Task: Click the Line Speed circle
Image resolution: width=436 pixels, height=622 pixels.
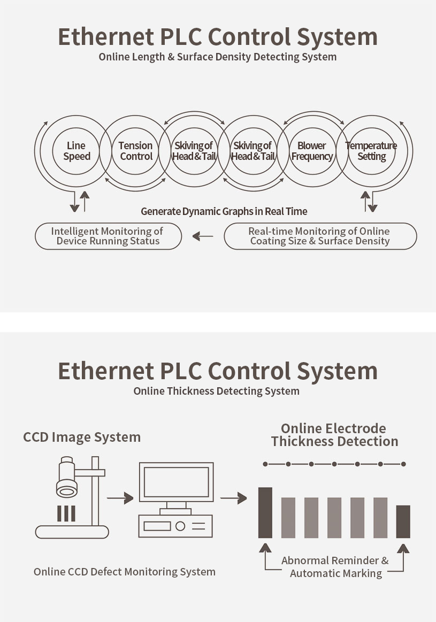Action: pos(77,151)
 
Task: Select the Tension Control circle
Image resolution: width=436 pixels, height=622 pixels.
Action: pos(136,151)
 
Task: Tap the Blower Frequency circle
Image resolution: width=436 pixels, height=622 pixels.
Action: pos(312,151)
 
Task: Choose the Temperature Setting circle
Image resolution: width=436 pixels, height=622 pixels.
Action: pos(371,151)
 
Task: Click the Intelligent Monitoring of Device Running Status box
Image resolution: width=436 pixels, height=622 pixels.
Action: pos(108,236)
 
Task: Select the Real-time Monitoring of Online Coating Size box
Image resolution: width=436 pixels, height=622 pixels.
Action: pos(320,236)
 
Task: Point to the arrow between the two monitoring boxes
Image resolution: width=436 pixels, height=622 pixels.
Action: pos(203,236)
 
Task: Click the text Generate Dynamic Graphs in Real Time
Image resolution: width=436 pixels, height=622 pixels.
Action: pos(224,211)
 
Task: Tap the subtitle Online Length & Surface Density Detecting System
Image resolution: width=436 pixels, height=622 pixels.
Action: pos(218,57)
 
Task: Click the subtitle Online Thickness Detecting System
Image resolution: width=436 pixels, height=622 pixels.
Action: pos(216,391)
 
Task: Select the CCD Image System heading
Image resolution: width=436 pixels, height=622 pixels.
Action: pos(82,437)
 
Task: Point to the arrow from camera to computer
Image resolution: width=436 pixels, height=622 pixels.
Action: pos(120,498)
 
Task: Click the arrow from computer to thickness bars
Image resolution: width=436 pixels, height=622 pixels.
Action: pos(234,498)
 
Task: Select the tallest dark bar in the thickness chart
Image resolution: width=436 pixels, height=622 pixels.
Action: pos(265,512)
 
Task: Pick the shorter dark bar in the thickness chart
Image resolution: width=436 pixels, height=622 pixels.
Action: pos(403,521)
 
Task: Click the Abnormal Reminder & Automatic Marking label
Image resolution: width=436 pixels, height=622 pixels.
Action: pos(335,567)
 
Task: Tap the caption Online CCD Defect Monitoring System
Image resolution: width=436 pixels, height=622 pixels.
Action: pos(125,572)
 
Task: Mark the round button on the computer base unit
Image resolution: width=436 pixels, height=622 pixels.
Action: pos(180,526)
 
